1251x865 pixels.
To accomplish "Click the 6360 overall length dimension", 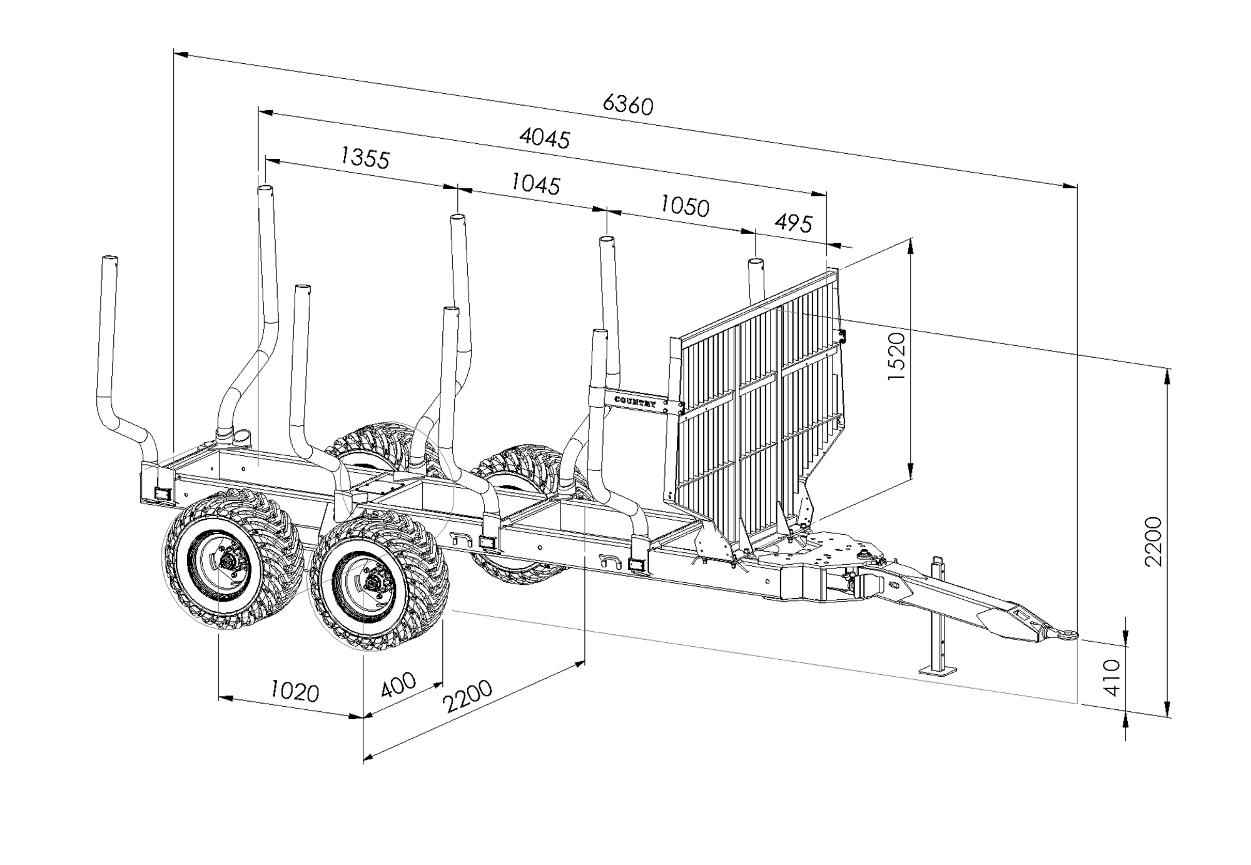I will [627, 105].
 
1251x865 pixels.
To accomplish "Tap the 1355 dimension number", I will [365, 158].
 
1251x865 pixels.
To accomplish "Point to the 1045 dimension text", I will [535, 184].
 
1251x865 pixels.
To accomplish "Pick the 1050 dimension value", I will [685, 206].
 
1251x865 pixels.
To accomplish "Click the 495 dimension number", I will [793, 223].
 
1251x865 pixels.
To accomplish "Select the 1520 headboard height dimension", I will [896, 357].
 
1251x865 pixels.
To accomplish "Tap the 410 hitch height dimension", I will [1112, 677].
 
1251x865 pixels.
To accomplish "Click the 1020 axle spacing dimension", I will [294, 692].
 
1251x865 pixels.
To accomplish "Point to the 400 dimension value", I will [398, 685].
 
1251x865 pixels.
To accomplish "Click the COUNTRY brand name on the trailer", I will [635, 402].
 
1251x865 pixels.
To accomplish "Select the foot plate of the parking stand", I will [938, 670].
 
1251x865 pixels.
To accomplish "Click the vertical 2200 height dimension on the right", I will [1152, 542].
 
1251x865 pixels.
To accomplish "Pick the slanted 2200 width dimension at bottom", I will [467, 696].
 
